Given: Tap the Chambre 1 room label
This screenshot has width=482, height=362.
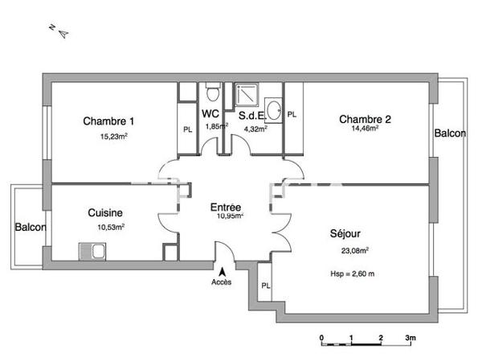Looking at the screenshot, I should pos(108,121).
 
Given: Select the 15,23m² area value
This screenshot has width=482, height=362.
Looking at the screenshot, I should pos(114,136).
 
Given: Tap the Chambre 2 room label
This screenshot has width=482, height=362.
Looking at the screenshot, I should pos(365,120).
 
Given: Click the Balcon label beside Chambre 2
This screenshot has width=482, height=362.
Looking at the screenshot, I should pos(449,134).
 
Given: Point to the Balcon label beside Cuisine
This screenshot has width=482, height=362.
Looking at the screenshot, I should pos(31,227).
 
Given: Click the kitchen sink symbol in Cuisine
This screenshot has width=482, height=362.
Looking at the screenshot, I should pos(92,252).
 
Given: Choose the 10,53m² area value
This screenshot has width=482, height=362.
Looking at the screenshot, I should pos(111,227).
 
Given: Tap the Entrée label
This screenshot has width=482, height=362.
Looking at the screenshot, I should pos(227,206).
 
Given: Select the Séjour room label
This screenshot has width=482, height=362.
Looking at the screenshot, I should pos(345,234).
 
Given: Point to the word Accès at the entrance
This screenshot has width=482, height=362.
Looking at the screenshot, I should pos(222,282).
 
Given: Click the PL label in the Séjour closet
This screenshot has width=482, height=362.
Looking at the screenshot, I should pos(265,285).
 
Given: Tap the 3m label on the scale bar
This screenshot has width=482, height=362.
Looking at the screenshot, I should pos(410,338).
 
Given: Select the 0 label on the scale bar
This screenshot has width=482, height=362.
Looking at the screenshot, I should pos(321,338).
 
